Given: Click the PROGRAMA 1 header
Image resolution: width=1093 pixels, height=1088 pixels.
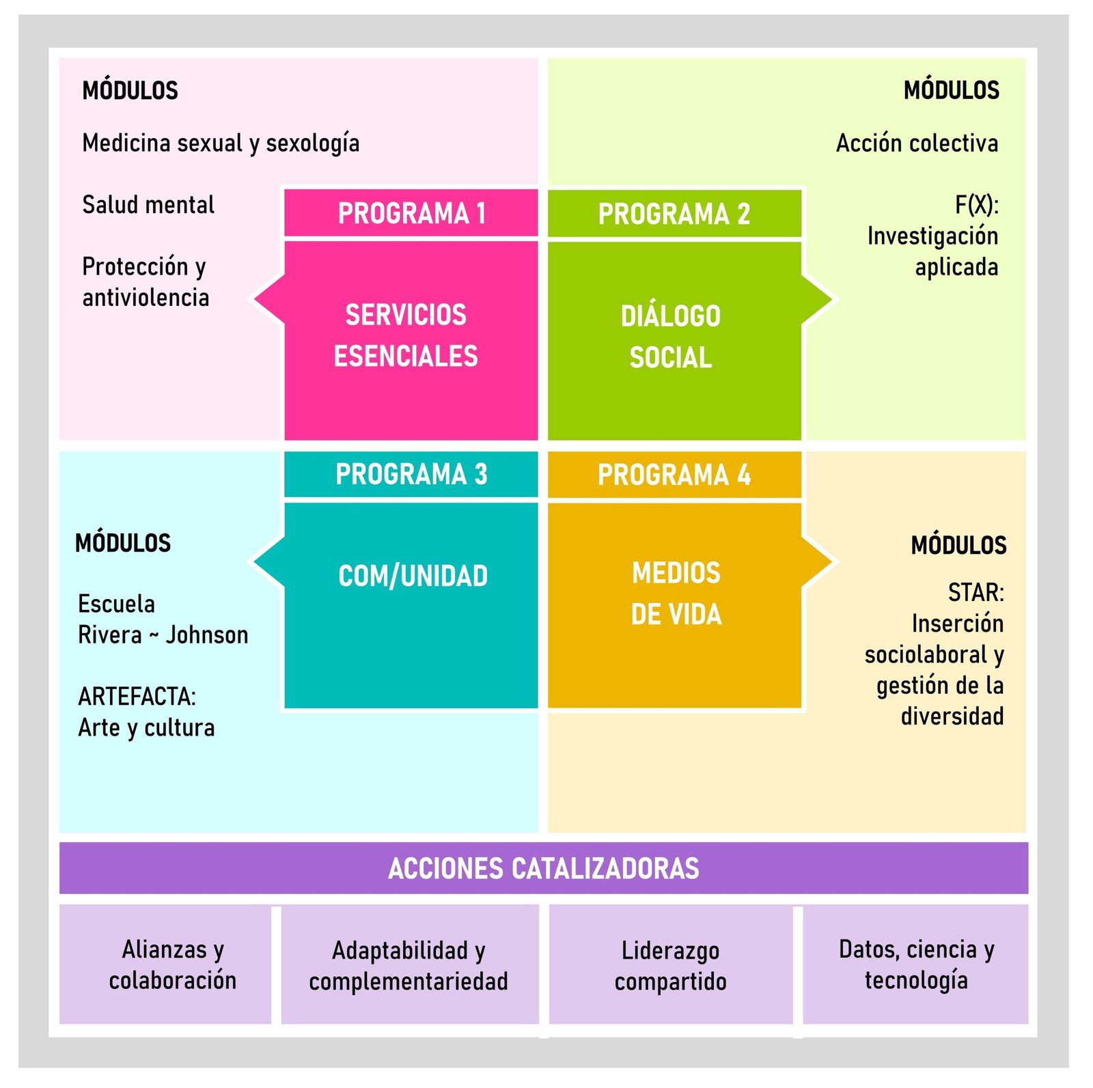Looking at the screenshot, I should pyautogui.click(x=411, y=213).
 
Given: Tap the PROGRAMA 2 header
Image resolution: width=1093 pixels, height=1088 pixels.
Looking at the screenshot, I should pyautogui.click(x=674, y=214).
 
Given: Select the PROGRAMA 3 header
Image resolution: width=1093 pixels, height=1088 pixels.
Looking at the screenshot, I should pyautogui.click(x=411, y=474).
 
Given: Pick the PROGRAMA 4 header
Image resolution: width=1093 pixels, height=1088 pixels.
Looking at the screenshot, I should pyautogui.click(x=674, y=475).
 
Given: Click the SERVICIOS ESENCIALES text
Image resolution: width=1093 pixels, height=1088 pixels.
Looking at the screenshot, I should pyautogui.click(x=406, y=335).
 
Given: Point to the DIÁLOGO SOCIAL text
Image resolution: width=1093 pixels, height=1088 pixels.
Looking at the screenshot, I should pyautogui.click(x=671, y=337).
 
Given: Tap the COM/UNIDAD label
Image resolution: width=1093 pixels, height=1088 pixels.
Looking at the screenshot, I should pyautogui.click(x=413, y=576).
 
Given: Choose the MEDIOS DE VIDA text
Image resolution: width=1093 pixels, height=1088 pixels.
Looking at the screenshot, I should pyautogui.click(x=676, y=594).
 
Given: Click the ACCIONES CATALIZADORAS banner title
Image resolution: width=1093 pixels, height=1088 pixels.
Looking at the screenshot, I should pyautogui.click(x=544, y=868).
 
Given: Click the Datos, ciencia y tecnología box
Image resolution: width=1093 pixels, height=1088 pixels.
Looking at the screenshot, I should pyautogui.click(x=916, y=964).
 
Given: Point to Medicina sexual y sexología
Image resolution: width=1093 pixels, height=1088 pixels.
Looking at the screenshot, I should pyautogui.click(x=221, y=143).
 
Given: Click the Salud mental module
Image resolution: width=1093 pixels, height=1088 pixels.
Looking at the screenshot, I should pyautogui.click(x=148, y=205).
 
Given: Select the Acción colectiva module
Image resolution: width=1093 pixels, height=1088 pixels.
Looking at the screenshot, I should pyautogui.click(x=917, y=143).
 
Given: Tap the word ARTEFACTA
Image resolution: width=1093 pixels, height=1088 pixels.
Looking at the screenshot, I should pyautogui.click(x=137, y=697).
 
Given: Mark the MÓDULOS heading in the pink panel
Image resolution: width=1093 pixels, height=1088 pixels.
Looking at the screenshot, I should pyautogui.click(x=130, y=90).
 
